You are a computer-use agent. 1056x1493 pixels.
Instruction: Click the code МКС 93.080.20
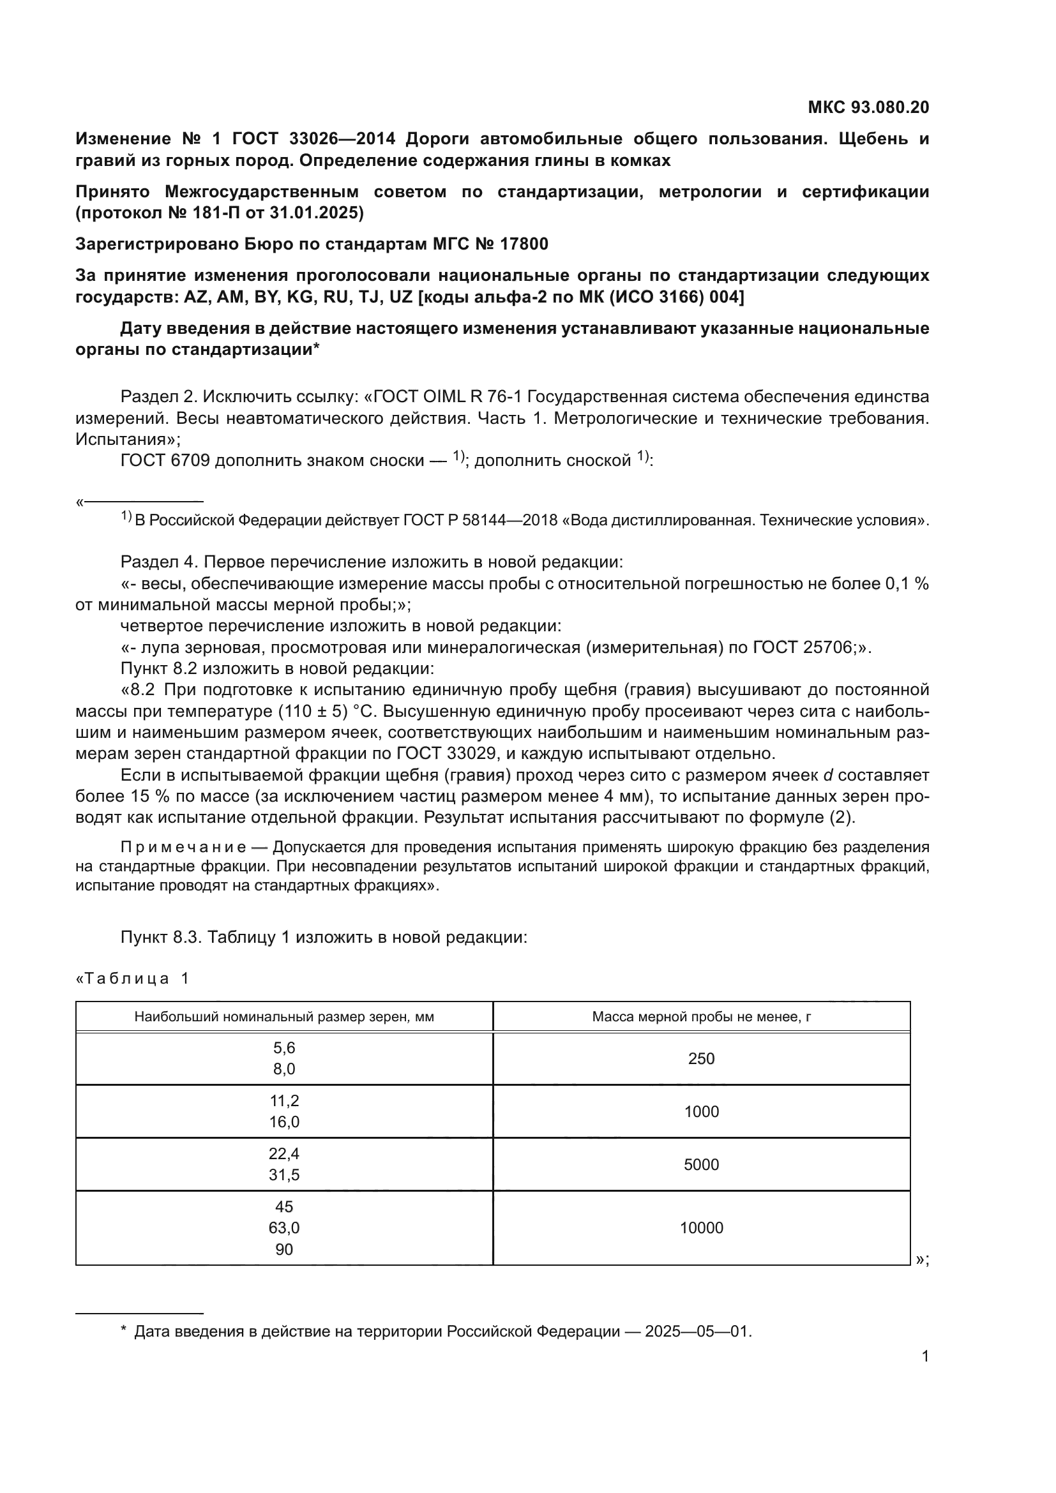pyautogui.click(x=868, y=107)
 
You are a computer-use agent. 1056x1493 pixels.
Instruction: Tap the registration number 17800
pyautogui.click(x=524, y=244)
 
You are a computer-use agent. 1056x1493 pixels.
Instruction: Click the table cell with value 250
pyautogui.click(x=701, y=1058)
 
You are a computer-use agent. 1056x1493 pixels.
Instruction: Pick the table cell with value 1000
pyautogui.click(x=701, y=1111)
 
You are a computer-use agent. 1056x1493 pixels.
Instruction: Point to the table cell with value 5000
pyautogui.click(x=701, y=1164)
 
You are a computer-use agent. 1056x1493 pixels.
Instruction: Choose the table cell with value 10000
pyautogui.click(x=701, y=1227)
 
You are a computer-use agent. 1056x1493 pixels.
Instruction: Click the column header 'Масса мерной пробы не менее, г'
pyautogui.click(x=701, y=1016)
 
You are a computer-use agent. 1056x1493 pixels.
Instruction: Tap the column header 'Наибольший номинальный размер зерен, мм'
pyautogui.click(x=284, y=1016)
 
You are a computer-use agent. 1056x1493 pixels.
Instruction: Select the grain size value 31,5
pyautogui.click(x=284, y=1175)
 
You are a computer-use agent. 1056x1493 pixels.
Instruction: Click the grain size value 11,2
pyautogui.click(x=284, y=1100)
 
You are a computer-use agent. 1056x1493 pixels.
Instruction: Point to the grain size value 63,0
pyautogui.click(x=284, y=1227)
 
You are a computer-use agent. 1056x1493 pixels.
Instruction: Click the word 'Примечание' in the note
pyautogui.click(x=183, y=847)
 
